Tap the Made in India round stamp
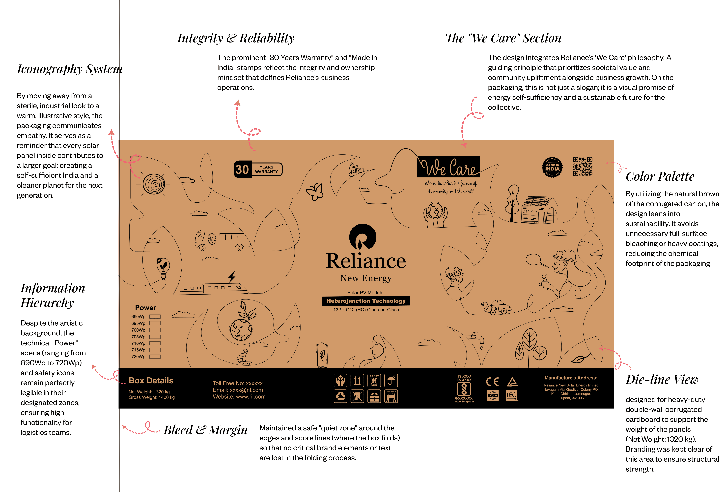(552, 167)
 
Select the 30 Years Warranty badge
(258, 169)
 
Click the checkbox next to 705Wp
(155, 337)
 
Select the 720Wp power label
(138, 357)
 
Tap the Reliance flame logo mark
(363, 236)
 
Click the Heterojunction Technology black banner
(366, 301)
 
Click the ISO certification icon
(493, 396)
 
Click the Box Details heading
(151, 381)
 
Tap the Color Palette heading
(660, 177)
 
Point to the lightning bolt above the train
(231, 276)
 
